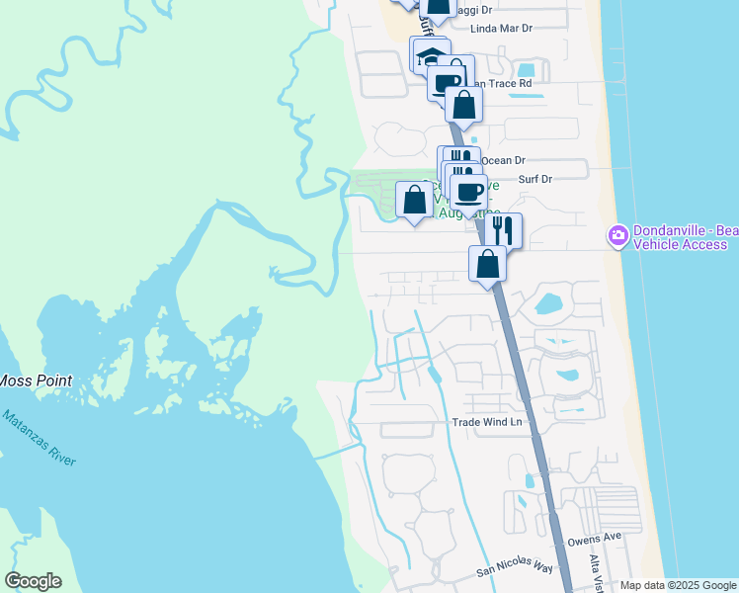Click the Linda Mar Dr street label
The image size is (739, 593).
(501, 29)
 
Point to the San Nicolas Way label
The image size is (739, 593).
(515, 569)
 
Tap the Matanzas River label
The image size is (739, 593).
(37, 439)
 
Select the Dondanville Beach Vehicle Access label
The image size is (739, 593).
(686, 237)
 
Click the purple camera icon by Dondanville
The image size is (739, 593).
(618, 234)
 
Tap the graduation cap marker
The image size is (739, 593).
(430, 55)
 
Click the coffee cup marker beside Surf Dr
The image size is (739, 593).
(468, 189)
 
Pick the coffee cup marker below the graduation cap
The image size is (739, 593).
(447, 82)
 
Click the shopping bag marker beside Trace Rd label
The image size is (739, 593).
(463, 103)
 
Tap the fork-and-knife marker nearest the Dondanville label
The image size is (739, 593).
(503, 230)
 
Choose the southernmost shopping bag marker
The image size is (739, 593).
(487, 264)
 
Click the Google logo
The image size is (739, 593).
(33, 581)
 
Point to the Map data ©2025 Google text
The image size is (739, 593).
(678, 585)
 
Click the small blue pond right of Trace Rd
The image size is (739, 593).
(527, 71)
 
